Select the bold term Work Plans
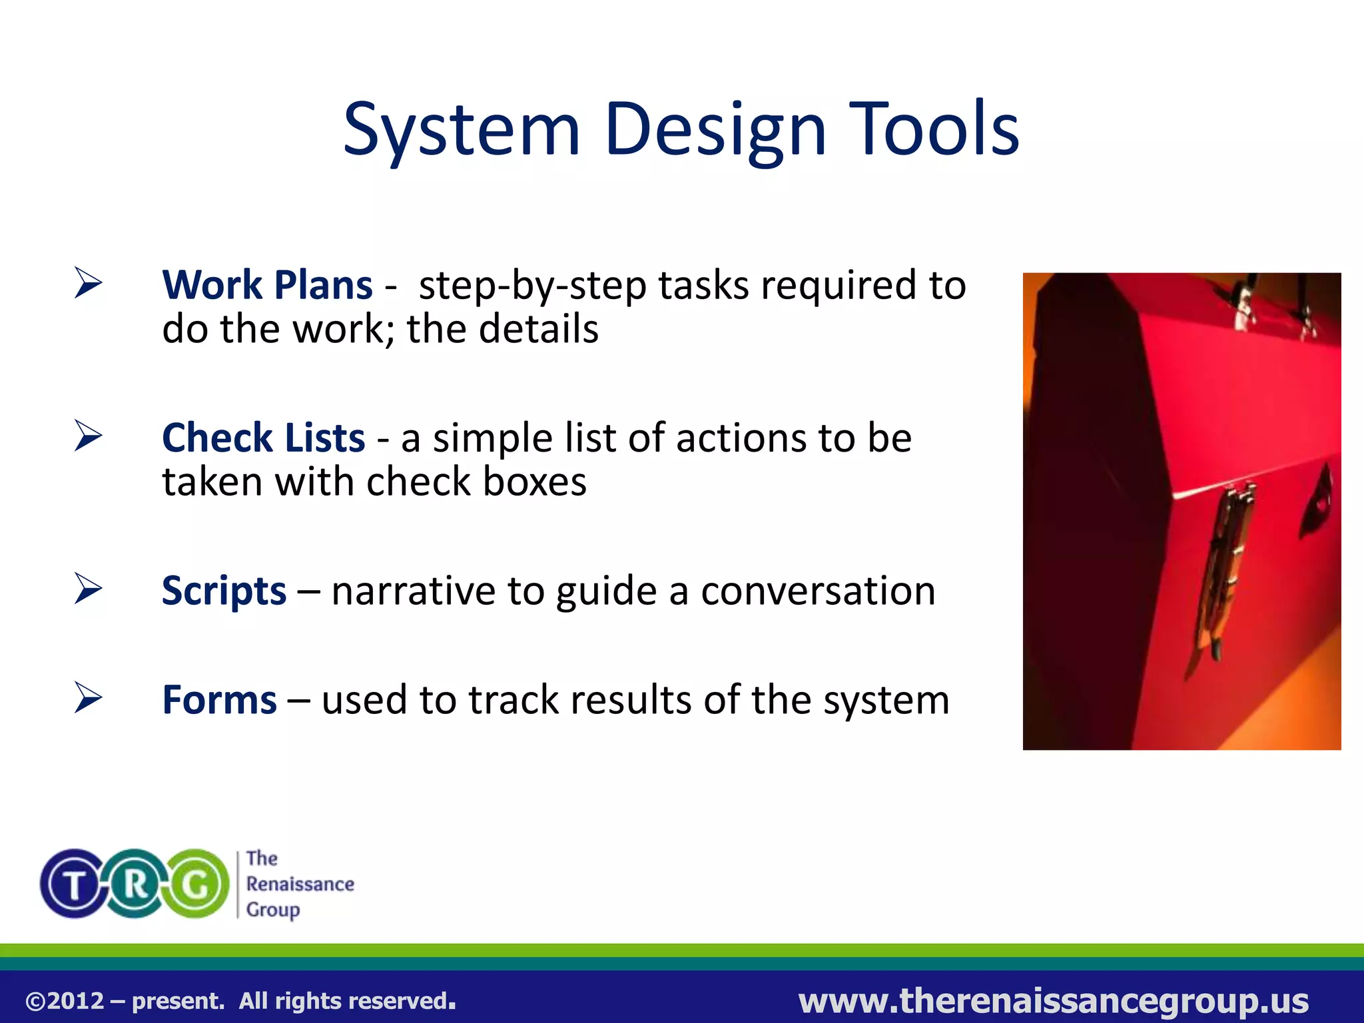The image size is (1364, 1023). coord(267,286)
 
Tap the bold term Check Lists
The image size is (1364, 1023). coord(263,438)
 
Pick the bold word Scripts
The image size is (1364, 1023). coord(224,591)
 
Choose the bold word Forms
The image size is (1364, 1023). coord(219,700)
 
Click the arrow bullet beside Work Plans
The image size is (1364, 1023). coord(88,283)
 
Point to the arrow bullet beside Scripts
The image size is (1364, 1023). coord(88,589)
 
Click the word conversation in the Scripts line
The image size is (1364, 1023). coord(818,591)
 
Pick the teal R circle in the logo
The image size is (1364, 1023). coord(136,884)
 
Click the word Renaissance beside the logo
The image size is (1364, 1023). coord(300,884)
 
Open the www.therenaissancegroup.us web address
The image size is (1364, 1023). coord(1053,1000)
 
